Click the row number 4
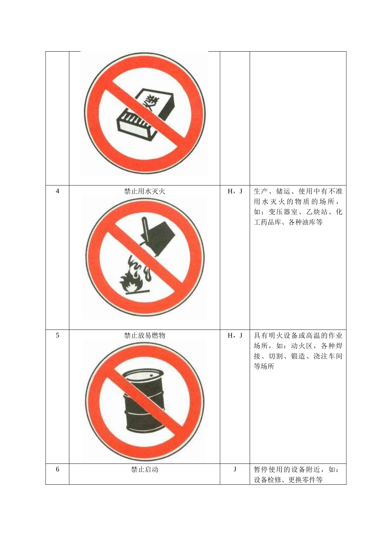57,191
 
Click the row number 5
57,335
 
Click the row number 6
57,470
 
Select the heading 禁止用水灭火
144,191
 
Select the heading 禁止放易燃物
144,335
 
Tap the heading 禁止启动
144,470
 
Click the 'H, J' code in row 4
235,191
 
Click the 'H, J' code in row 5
235,335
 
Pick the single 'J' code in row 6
235,470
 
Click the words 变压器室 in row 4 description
283,212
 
